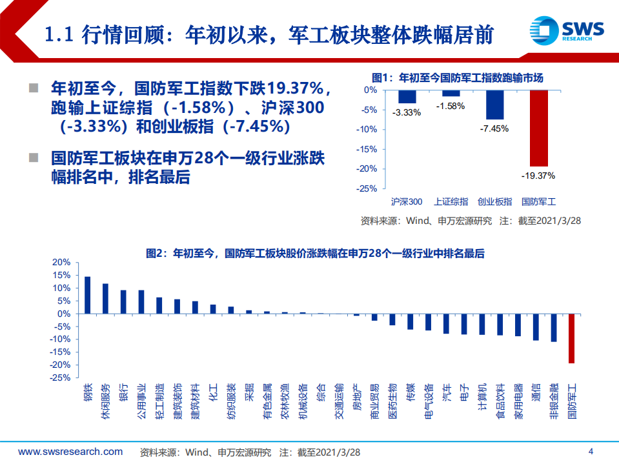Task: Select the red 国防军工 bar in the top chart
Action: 539,128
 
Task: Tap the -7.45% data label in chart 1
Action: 494,128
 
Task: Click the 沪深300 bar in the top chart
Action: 407,97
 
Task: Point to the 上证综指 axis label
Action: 450,201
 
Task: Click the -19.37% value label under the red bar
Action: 539,175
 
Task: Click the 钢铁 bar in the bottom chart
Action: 87,295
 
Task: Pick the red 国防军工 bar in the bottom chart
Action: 571,338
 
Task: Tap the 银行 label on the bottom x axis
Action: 123,392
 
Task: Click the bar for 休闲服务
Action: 105,298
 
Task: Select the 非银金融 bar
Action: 553,328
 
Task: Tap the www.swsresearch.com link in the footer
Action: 70,451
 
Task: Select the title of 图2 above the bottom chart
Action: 315,254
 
